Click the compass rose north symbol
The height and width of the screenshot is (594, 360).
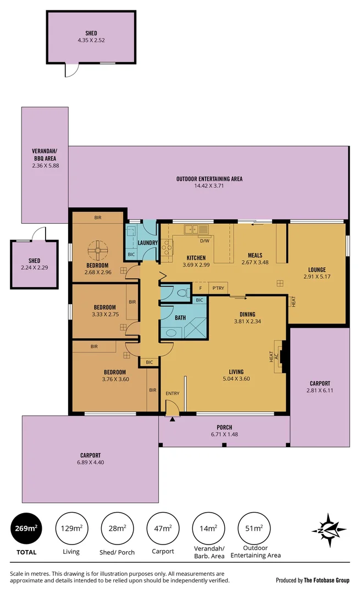click(x=329, y=530)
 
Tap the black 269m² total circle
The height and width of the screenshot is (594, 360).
click(x=26, y=529)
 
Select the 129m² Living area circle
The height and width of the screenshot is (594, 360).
click(x=71, y=529)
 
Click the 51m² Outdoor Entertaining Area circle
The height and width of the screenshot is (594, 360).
click(x=254, y=529)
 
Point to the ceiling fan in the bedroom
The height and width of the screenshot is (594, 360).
click(x=97, y=251)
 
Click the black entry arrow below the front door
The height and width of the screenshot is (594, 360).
click(x=173, y=420)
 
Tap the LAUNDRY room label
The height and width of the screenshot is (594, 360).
click(x=148, y=243)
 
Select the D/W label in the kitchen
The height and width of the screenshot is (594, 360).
click(x=204, y=241)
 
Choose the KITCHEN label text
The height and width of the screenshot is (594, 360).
click(x=196, y=257)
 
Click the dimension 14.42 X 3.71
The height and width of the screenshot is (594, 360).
click(x=209, y=186)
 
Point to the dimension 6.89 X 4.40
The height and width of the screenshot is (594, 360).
click(x=90, y=462)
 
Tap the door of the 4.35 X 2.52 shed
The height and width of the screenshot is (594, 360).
click(x=71, y=71)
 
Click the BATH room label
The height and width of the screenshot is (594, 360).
click(x=180, y=317)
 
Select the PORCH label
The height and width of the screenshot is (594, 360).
click(x=224, y=427)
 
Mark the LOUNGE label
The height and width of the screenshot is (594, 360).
click(x=317, y=269)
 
